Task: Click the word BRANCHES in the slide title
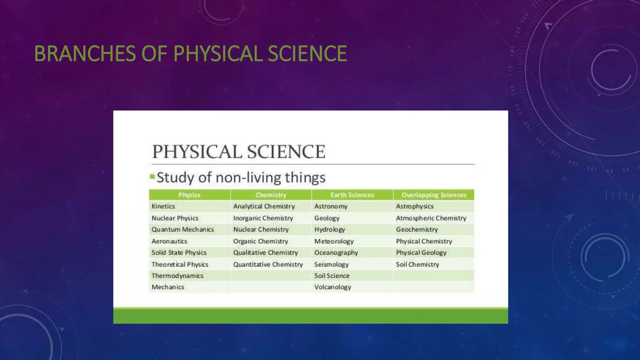click(x=85, y=53)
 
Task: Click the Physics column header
click(x=189, y=195)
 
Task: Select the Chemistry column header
click(x=271, y=195)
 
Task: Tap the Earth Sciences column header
click(x=352, y=195)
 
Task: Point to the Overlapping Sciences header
click(x=434, y=195)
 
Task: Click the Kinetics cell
click(x=163, y=206)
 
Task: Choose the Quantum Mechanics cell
click(x=183, y=229)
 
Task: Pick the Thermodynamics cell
click(x=177, y=276)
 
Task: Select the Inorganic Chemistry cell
click(x=263, y=218)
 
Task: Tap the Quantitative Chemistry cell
click(x=268, y=264)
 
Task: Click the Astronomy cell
click(x=331, y=206)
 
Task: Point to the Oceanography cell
click(x=336, y=252)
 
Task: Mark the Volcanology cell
click(x=333, y=287)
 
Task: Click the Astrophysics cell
click(x=415, y=206)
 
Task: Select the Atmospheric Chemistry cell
click(x=431, y=218)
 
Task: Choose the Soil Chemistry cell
click(x=417, y=264)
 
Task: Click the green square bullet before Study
click(x=152, y=177)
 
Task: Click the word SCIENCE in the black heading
click(x=286, y=152)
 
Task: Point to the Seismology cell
click(x=332, y=264)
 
